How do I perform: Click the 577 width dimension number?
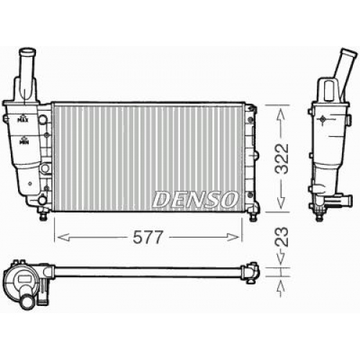coord(148,237)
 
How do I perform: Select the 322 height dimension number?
coord(282,159)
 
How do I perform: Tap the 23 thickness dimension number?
coord(282,236)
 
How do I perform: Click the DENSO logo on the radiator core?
coord(195,199)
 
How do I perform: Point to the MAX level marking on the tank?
coord(23,119)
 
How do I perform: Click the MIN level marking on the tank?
coord(24,141)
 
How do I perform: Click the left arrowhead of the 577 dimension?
coord(63,238)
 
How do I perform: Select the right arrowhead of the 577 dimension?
coord(233,238)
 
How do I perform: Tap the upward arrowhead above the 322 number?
coord(282,114)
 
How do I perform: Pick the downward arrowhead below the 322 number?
coord(282,203)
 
